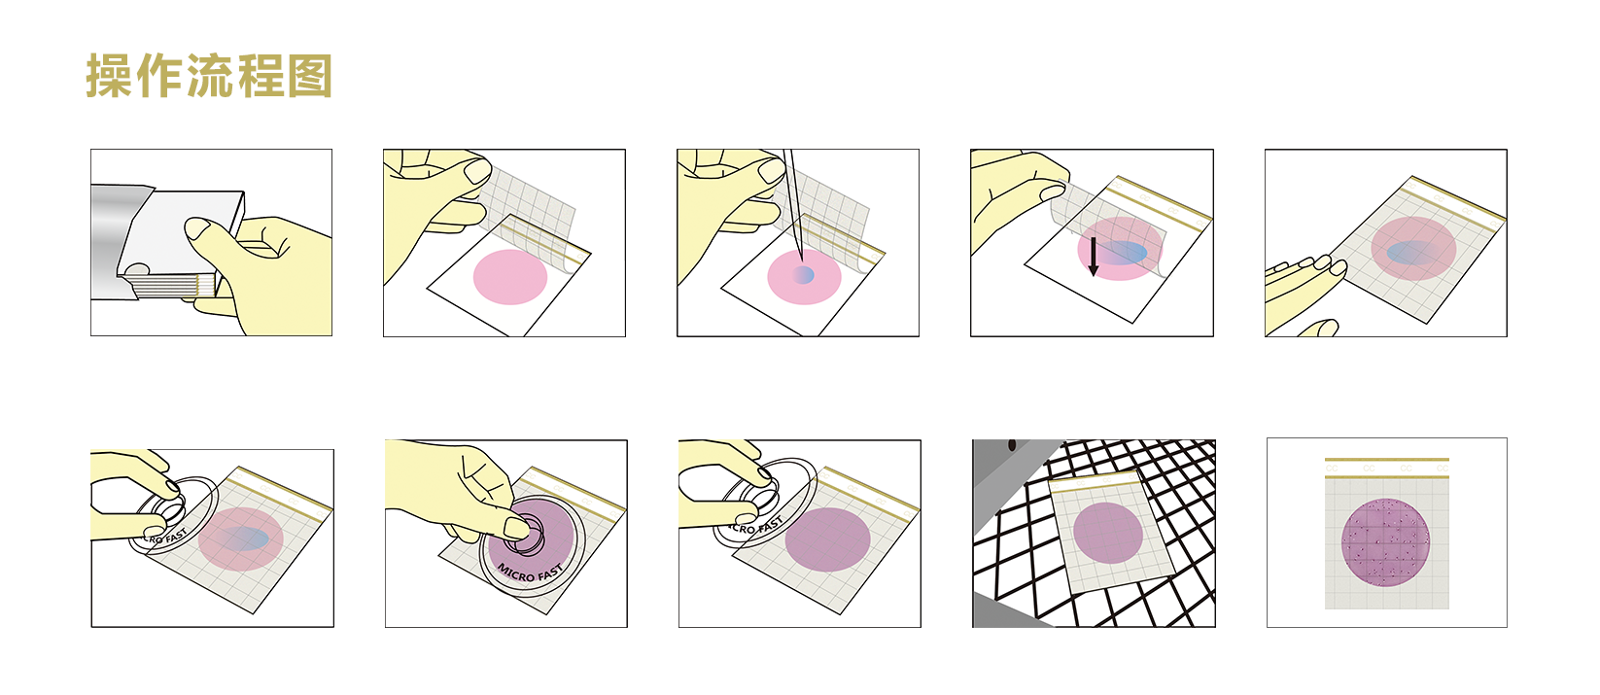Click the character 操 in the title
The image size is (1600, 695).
coord(109,76)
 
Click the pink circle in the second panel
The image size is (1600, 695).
coord(510,277)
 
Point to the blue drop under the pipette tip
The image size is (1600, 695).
coord(804,275)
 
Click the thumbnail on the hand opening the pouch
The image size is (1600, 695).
coord(199,229)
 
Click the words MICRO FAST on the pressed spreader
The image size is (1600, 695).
coord(531,573)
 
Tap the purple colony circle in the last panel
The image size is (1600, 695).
coord(1386,542)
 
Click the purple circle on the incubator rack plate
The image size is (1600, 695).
coord(1108,533)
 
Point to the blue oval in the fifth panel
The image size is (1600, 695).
coord(1406,253)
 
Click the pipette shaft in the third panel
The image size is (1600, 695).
coord(792,194)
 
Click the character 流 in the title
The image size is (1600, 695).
coord(210,76)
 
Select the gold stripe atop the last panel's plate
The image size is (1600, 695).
coord(1386,460)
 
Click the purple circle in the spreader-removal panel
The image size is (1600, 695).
coord(827,539)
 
